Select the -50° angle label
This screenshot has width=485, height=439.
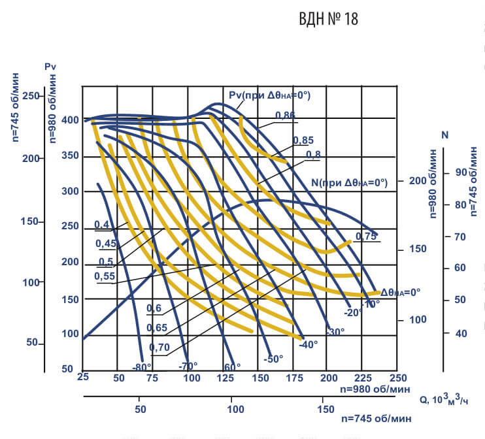point(273,359)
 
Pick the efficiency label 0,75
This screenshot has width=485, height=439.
point(366,236)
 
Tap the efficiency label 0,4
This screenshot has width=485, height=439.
point(102,225)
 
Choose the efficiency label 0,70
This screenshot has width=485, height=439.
point(160,347)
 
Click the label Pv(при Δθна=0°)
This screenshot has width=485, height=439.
point(269,95)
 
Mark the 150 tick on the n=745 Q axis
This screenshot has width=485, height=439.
point(325,410)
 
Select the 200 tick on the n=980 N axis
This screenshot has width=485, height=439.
point(416,180)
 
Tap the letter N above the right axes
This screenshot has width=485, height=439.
point(445,135)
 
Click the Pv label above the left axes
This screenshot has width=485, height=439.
point(51,67)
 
